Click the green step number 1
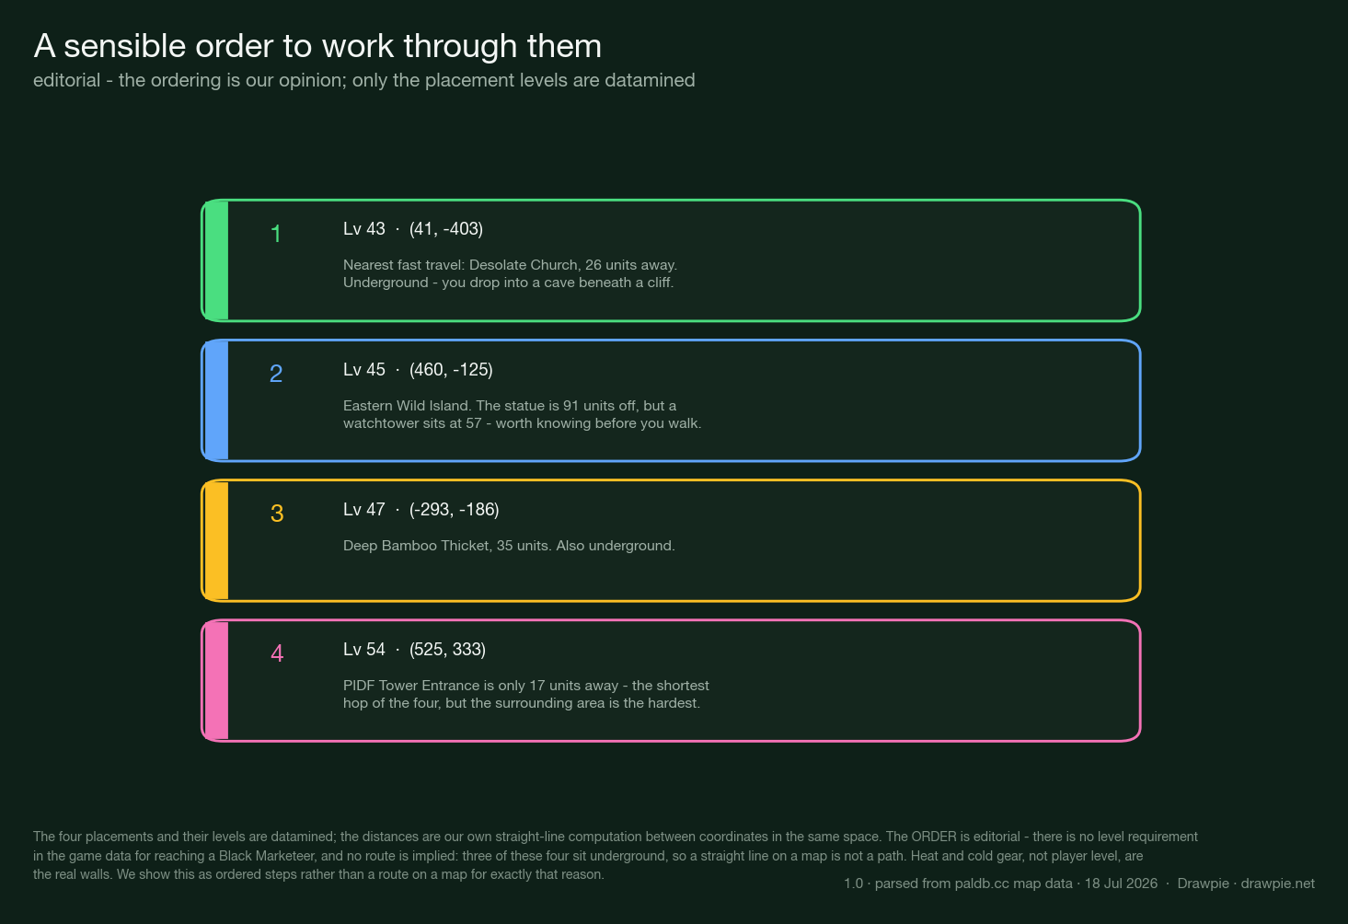click(x=276, y=234)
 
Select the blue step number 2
click(x=276, y=374)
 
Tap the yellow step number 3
click(x=277, y=514)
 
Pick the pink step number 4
click(x=277, y=653)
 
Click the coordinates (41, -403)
click(x=446, y=229)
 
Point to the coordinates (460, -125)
click(x=451, y=370)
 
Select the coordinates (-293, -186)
click(x=454, y=510)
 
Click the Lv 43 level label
click(x=364, y=229)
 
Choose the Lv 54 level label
click(x=364, y=650)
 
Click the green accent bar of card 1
click(x=216, y=260)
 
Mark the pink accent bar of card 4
click(x=216, y=681)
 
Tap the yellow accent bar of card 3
click(x=216, y=540)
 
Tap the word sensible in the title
click(x=125, y=46)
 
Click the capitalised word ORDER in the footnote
click(x=934, y=837)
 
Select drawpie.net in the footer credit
click(x=1277, y=884)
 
